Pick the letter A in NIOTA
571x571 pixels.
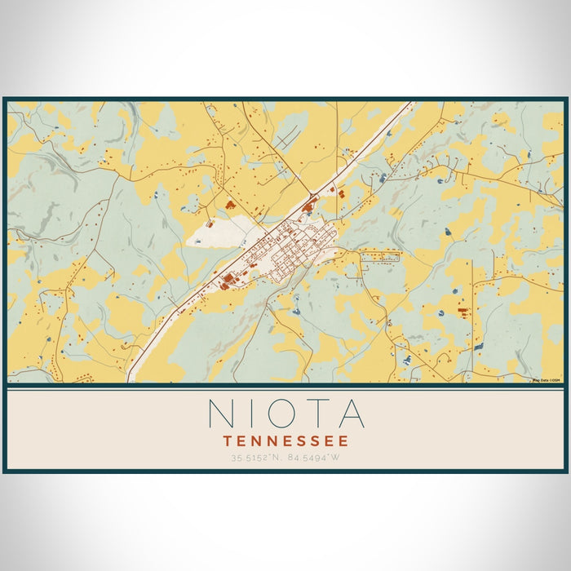click(x=351, y=413)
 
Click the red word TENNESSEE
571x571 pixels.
click(x=285, y=440)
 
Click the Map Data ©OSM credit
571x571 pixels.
click(x=547, y=380)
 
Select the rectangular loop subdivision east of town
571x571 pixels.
click(x=379, y=255)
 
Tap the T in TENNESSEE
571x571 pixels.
click(x=228, y=440)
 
